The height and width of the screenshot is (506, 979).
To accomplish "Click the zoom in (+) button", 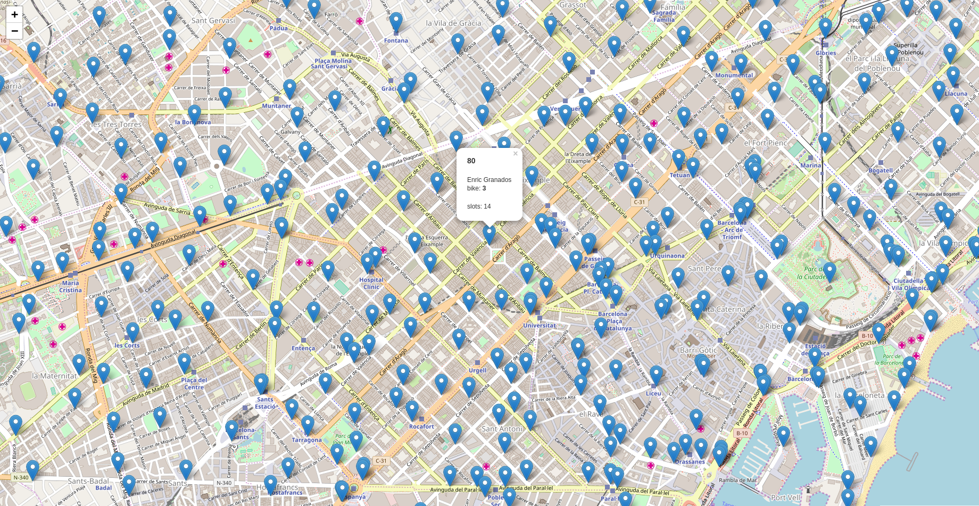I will pyautogui.click(x=14, y=14).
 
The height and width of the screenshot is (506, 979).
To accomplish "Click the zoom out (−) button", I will pyautogui.click(x=14, y=31).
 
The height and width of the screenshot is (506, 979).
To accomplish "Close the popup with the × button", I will pyautogui.click(x=515, y=154).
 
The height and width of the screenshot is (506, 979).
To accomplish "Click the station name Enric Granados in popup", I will pyautogui.click(x=489, y=180).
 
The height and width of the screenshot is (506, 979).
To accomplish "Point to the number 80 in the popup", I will pyautogui.click(x=471, y=161).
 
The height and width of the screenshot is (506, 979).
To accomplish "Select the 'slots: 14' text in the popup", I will pyautogui.click(x=479, y=206).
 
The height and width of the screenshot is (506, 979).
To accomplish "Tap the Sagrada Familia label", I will pyautogui.click(x=664, y=16).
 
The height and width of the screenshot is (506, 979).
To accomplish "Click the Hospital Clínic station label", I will pyautogui.click(x=371, y=283).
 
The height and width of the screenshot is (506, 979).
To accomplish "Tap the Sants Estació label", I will pyautogui.click(x=265, y=403).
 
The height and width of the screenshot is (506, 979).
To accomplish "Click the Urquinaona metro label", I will pyautogui.click(x=667, y=256).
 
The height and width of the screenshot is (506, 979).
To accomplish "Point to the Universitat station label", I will pyautogui.click(x=539, y=325).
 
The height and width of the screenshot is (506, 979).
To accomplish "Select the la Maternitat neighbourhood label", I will pyautogui.click(x=54, y=376).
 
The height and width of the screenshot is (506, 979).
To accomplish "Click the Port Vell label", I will pyautogui.click(x=785, y=497).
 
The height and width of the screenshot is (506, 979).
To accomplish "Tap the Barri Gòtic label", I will pyautogui.click(x=698, y=350).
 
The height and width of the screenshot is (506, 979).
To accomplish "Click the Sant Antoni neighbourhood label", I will pyautogui.click(x=502, y=428).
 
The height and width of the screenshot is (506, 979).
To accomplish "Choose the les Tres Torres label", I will pyautogui.click(x=117, y=125).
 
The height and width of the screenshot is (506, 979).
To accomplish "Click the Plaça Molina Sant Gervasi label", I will pyautogui.click(x=333, y=63).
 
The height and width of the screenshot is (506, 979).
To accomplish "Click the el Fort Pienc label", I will pyautogui.click(x=765, y=143).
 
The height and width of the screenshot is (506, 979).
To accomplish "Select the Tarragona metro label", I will pyautogui.click(x=306, y=440).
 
